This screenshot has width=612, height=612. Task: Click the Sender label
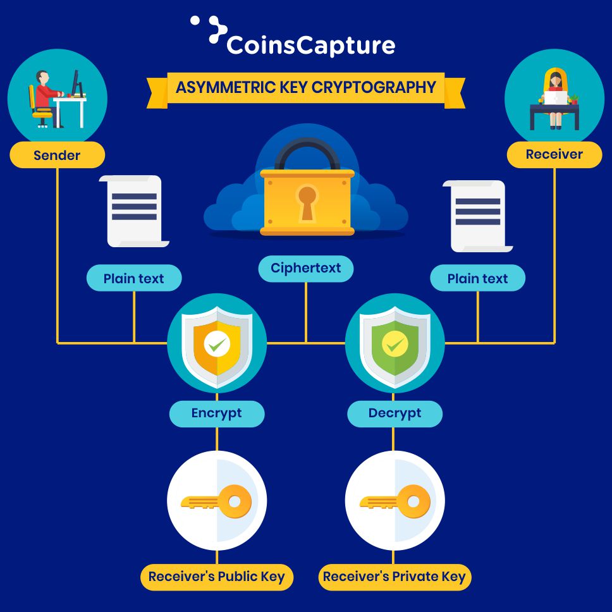tap(57, 155)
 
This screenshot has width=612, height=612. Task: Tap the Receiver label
tap(554, 154)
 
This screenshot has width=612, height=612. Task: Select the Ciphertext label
tap(306, 268)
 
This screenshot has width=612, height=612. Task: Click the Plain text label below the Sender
tap(133, 278)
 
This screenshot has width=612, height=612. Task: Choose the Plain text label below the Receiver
tap(477, 278)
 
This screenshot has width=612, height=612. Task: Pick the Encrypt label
tap(217, 413)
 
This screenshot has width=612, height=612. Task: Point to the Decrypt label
tap(395, 413)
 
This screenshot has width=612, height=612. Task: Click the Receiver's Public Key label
tap(217, 577)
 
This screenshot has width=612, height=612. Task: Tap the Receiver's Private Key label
tap(395, 577)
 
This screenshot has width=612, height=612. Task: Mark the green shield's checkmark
tap(395, 345)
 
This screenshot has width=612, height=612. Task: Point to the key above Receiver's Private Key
tap(396, 502)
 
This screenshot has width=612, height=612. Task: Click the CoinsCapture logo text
tap(310, 46)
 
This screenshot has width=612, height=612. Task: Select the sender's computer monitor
tap(76, 82)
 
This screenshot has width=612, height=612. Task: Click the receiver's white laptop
tap(556, 98)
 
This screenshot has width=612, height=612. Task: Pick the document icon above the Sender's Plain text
tap(134, 211)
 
